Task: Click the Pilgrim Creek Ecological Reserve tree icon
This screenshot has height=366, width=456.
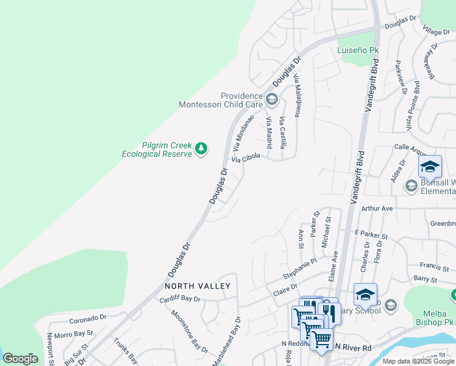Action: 201,148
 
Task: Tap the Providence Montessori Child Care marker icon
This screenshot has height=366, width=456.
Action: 271,99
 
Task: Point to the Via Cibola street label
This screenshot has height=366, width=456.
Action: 246,158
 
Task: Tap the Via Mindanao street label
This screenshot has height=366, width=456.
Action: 242,135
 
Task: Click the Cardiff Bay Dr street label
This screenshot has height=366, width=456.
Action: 180,300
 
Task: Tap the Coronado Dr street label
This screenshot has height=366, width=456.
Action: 88,318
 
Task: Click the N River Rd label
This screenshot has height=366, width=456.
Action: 353,347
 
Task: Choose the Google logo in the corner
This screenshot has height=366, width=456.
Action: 20,359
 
